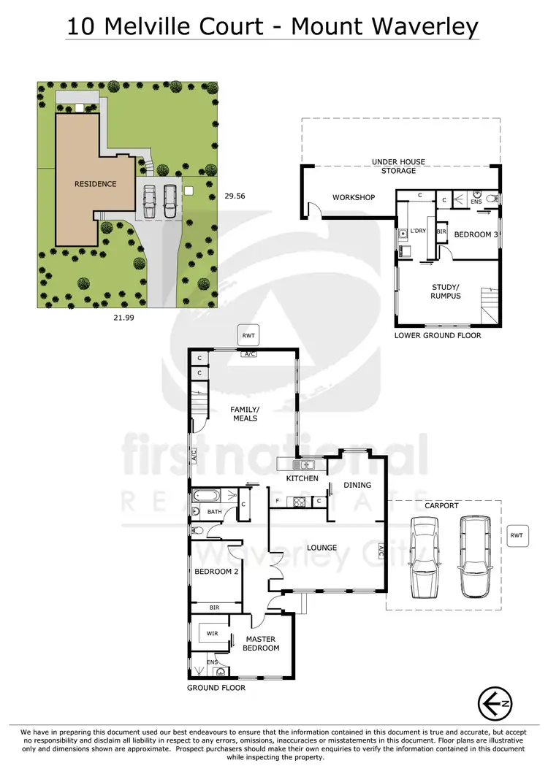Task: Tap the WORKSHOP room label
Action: [354, 198]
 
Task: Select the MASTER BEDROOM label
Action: [261, 643]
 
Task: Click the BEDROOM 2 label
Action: [216, 571]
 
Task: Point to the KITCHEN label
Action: [302, 478]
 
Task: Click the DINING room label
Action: [357, 485]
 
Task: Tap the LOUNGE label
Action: [321, 548]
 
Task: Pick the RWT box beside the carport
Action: [517, 535]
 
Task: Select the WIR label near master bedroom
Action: [213, 633]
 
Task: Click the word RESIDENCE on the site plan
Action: [96, 184]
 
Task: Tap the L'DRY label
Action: [418, 231]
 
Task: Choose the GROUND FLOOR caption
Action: [216, 688]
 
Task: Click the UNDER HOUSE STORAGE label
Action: [398, 166]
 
